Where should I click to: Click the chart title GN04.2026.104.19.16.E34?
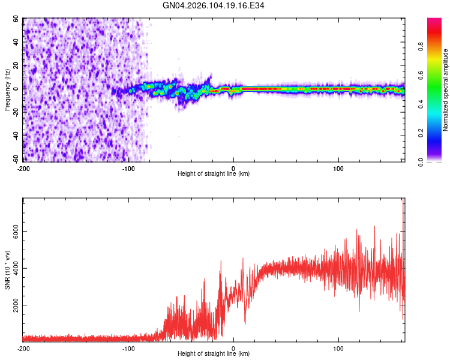[214, 5]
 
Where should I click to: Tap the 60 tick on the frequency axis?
[16, 19]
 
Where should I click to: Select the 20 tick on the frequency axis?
[16, 65]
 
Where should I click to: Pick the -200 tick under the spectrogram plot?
[24, 167]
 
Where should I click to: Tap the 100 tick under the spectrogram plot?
[338, 167]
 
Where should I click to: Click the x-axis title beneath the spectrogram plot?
[214, 173]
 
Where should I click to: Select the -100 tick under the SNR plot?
[128, 348]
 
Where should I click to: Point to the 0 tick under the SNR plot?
[233, 348]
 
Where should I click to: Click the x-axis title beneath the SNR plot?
[214, 354]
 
